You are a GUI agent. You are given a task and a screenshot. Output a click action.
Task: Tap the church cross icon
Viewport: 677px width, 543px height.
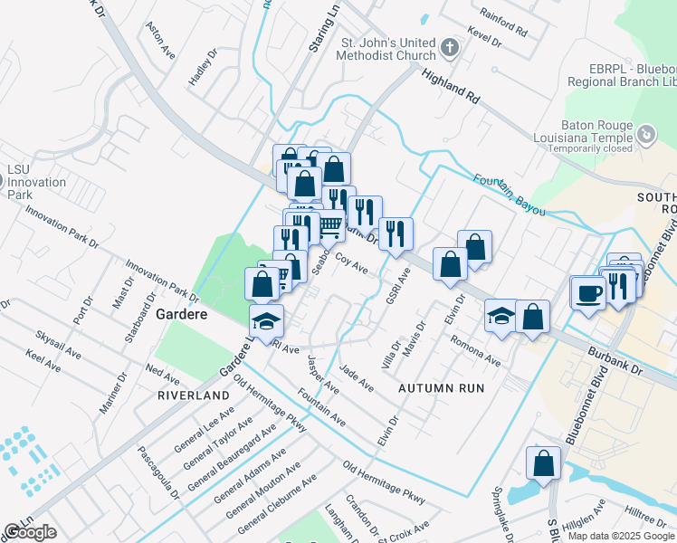pyautogui.click(x=451, y=46)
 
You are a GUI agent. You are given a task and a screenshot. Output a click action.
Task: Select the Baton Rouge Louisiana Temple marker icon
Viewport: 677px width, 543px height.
pyautogui.click(x=646, y=136)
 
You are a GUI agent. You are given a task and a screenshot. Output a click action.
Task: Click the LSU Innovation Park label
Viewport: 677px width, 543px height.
pyautogui.click(x=36, y=176)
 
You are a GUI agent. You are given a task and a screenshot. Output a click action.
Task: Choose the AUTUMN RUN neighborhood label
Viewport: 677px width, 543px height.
pyautogui.click(x=442, y=387)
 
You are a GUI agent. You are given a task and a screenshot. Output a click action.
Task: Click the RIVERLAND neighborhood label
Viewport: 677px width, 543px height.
pyautogui.click(x=194, y=396)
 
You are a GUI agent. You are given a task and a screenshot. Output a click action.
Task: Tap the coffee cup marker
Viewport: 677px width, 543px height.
pyautogui.click(x=588, y=293)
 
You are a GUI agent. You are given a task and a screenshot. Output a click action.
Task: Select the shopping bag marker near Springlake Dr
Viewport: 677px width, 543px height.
pyautogui.click(x=542, y=462)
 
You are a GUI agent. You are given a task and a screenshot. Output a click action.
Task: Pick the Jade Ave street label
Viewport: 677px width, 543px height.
pyautogui.click(x=357, y=377)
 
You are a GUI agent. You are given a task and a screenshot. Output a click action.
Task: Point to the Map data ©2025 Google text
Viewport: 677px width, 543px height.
pyautogui.click(x=621, y=536)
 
